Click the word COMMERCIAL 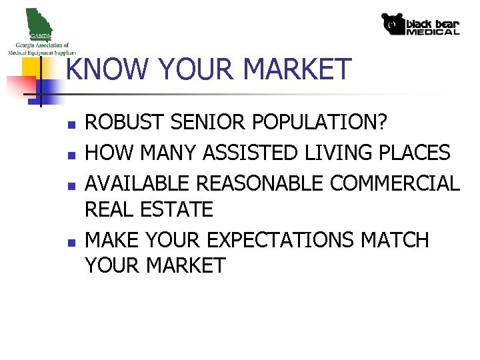pyautogui.click(x=395, y=183)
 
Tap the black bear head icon pyautogui.click(x=393, y=24)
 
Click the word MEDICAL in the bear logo pyautogui.click(x=433, y=31)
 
